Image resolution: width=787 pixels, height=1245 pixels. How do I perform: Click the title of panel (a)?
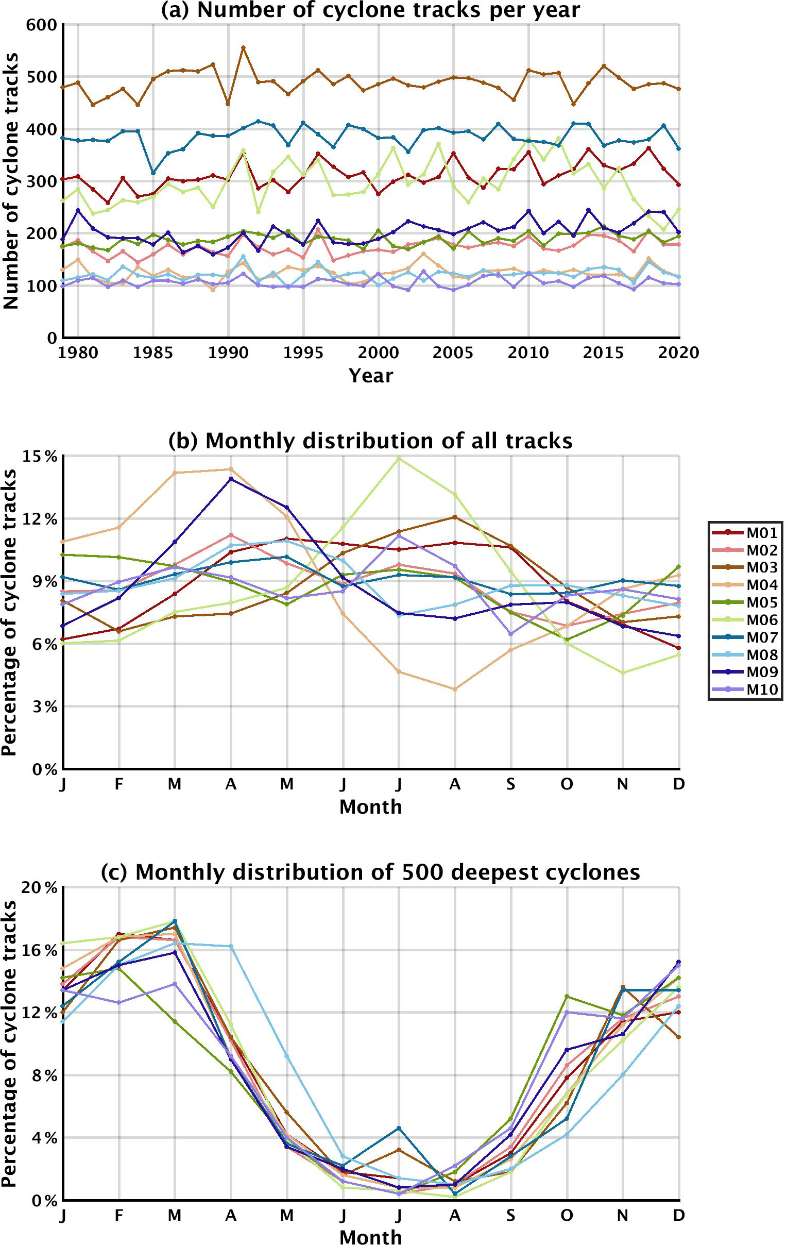(370, 10)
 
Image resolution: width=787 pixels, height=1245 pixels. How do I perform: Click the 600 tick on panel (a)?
(41, 24)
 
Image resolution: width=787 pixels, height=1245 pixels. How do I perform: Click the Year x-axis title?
(370, 375)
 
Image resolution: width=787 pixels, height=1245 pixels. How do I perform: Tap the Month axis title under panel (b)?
(370, 806)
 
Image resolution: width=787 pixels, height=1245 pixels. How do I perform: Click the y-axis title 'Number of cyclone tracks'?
(11, 181)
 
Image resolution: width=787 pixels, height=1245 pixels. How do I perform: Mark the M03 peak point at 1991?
(244, 47)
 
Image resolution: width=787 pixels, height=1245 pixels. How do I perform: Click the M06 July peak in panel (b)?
(399, 458)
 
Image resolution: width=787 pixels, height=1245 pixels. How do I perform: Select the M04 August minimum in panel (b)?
(455, 689)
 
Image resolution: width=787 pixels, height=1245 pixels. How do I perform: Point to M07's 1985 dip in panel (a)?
(153, 173)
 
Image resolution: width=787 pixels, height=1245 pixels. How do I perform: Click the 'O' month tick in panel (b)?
(567, 784)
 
